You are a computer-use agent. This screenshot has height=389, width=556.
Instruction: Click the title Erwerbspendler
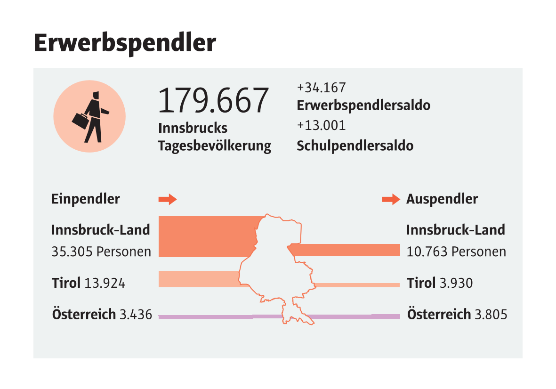pos(125,43)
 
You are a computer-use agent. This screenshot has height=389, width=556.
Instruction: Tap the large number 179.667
pos(213,100)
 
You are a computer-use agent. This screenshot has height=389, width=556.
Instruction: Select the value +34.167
pos(321,88)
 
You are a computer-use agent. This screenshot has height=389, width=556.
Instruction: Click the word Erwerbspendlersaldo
pos(363,105)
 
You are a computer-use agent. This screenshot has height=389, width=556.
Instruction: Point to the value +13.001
pos(321,125)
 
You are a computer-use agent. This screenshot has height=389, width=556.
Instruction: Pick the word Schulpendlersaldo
pos(355,146)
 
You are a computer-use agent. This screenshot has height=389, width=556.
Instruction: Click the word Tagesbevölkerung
pos(215,146)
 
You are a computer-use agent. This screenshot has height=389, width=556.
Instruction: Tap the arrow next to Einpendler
pos(167,199)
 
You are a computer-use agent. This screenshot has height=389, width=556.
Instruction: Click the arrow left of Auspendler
pos(391,199)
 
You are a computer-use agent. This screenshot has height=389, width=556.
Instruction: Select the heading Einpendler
pos(85,199)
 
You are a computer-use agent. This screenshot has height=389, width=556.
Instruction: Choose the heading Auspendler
pos(442,199)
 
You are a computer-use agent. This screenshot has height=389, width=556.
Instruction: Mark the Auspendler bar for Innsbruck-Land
pos(348,250)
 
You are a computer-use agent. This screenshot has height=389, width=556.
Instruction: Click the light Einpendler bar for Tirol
pos(198,279)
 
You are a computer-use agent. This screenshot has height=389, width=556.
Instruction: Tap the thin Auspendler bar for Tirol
pos(358,285)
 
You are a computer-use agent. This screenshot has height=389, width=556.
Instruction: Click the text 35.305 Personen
pos(101,251)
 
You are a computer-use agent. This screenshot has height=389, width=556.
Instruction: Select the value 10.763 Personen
pos(456,251)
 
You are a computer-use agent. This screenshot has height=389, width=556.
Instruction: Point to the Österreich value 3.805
pos(491,314)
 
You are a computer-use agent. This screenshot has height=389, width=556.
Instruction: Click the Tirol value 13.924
pos(105,284)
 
